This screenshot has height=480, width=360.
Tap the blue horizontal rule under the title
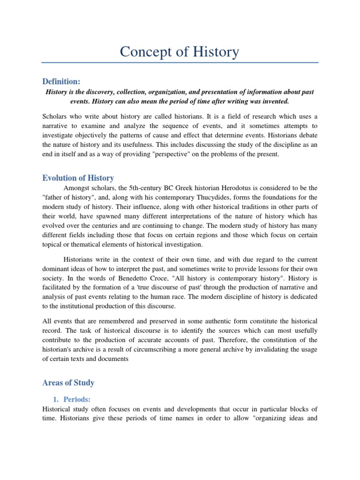180,62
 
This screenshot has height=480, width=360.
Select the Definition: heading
61,82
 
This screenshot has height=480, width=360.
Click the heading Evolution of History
78,178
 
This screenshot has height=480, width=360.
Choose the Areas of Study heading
68,382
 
